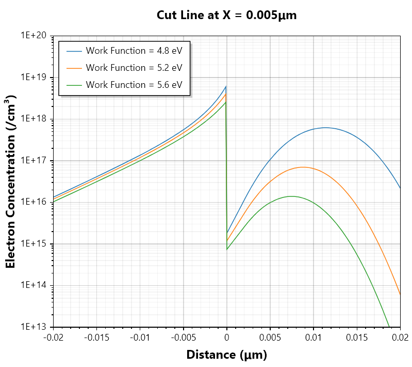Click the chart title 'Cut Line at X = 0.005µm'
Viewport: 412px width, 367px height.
[x=226, y=15]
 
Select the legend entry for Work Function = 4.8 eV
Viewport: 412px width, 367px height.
[x=124, y=51]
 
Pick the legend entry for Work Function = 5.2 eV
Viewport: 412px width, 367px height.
[x=124, y=68]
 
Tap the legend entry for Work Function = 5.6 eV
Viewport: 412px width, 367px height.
[x=124, y=85]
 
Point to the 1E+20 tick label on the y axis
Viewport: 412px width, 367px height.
[x=34, y=35]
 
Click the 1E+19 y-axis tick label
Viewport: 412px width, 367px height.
[x=34, y=77]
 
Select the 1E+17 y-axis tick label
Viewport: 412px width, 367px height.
[x=34, y=160]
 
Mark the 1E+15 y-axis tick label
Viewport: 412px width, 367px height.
[x=34, y=243]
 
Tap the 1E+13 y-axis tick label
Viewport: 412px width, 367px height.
[x=34, y=327]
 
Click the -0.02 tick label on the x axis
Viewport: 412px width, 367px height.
[x=53, y=338]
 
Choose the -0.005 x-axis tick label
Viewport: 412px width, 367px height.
[x=184, y=338]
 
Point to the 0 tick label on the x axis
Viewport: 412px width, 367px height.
[x=227, y=338]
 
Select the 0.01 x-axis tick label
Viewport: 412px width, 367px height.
[x=314, y=338]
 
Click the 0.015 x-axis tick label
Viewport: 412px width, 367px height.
[x=357, y=338]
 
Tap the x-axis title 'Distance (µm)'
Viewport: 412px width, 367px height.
[x=226, y=355]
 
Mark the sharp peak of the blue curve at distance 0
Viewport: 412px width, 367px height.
[x=226, y=86]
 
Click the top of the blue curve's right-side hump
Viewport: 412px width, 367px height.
[x=325, y=128]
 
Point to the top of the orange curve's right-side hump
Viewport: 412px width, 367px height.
[x=303, y=167]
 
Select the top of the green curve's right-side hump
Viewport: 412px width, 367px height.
[x=292, y=196]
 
